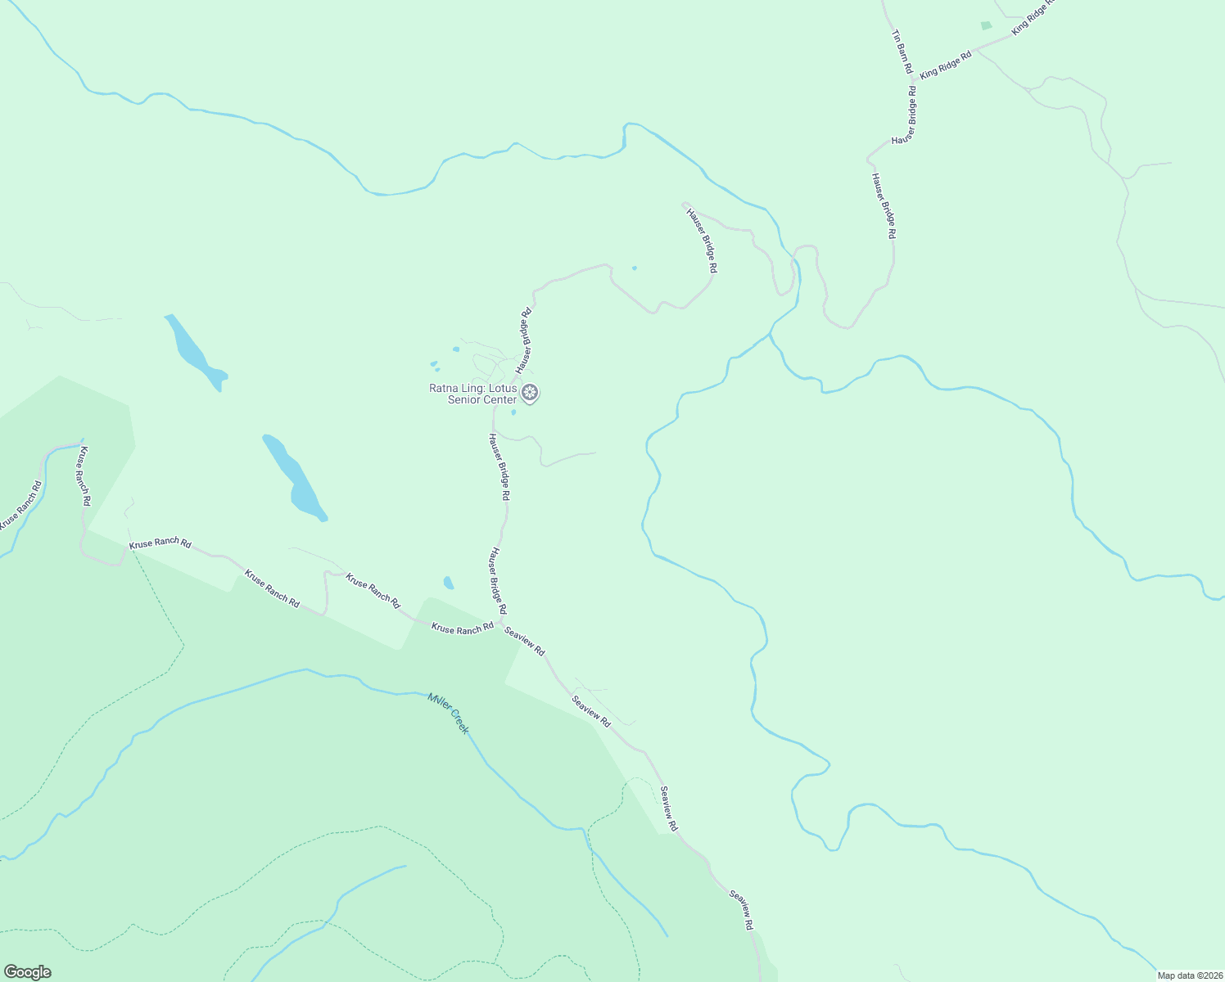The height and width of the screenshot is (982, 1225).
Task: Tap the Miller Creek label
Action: (448, 713)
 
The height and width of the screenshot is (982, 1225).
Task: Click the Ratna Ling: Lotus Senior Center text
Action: (473, 394)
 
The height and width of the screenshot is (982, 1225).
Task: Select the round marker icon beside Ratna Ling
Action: (531, 393)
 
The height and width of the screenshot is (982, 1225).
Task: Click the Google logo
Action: (27, 972)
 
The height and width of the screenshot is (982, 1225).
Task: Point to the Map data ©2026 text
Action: (1189, 975)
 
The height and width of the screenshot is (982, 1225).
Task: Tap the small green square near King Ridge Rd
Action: (986, 26)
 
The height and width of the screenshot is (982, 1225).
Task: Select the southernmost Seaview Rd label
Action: (741, 910)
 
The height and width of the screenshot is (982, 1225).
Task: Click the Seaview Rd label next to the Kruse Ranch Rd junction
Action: (525, 640)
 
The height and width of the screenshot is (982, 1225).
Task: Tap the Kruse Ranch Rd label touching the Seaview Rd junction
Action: (463, 628)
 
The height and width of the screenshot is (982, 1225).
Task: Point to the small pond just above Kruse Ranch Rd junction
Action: (448, 583)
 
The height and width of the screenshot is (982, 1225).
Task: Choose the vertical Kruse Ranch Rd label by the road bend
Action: (83, 475)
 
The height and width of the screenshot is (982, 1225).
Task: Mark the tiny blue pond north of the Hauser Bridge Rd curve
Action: (634, 268)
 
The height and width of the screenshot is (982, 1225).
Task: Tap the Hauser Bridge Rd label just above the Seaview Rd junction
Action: (498, 582)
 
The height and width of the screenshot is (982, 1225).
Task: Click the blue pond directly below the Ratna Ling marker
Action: (513, 412)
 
